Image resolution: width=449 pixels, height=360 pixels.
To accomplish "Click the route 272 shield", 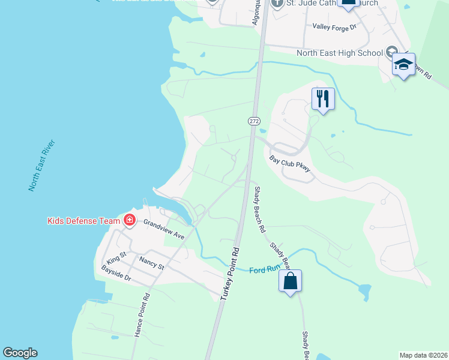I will tap(254, 121).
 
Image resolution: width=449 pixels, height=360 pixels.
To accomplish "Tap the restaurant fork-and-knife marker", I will tap(323, 98).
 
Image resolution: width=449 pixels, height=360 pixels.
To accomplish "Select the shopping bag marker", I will tap(290, 281).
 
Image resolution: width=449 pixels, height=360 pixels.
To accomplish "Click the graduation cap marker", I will tap(403, 65).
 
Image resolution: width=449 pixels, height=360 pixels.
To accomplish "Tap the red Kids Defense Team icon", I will tap(129, 220).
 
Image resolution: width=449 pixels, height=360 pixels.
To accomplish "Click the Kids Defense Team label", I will tap(84, 221).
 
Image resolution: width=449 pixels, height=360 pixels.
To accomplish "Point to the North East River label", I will tap(42, 166).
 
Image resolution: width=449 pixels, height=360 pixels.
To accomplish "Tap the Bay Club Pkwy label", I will tap(290, 165).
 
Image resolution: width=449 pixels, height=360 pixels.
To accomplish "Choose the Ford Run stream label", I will tap(265, 269).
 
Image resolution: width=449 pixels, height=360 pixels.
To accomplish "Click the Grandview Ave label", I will tap(163, 229).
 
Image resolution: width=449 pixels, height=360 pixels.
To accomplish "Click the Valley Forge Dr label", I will tap(334, 26).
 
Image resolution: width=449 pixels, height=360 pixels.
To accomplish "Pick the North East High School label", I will tap(339, 53).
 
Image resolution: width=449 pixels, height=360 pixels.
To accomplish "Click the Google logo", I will tap(20, 353).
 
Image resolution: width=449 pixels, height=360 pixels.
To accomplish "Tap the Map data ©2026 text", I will tap(423, 355).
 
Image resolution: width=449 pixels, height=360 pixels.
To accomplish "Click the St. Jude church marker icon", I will tap(277, 4).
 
